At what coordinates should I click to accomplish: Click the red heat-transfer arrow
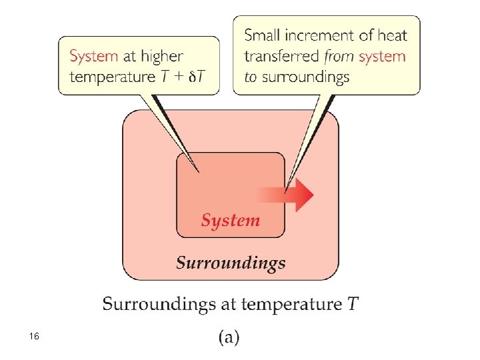(x=293, y=194)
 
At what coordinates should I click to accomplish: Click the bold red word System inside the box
(x=231, y=220)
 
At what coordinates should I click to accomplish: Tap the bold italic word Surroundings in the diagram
(x=231, y=263)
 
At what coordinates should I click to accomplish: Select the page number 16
(x=34, y=337)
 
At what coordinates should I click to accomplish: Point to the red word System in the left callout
(x=93, y=57)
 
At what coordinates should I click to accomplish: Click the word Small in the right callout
(x=262, y=35)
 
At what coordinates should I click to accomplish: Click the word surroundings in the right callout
(x=305, y=77)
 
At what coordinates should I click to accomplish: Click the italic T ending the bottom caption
(x=353, y=305)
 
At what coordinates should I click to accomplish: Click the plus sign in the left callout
(x=181, y=76)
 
